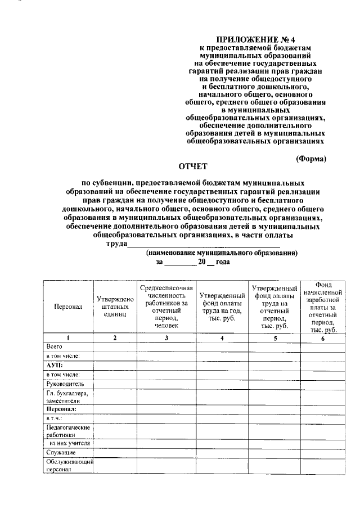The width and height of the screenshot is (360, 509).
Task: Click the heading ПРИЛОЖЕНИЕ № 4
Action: [255, 39]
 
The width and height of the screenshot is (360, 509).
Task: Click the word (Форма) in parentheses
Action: [311, 159]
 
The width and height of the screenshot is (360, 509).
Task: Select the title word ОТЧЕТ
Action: [193, 167]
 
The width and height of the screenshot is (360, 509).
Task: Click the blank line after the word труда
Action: [204, 244]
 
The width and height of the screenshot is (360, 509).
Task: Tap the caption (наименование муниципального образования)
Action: [222, 253]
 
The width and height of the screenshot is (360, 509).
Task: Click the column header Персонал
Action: [68, 307]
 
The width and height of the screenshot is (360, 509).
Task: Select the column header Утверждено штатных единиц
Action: [115, 307]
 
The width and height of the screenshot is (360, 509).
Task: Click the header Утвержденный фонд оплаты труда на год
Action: [222, 307]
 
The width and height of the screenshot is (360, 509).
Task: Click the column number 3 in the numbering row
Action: [166, 338]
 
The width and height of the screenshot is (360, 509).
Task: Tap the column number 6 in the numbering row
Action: [322, 338]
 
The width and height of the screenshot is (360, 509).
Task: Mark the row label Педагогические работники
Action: [68, 431]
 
